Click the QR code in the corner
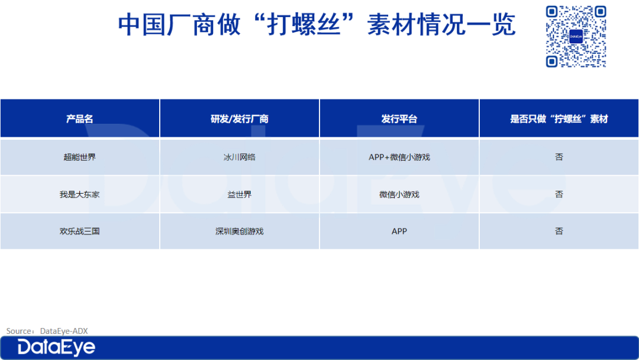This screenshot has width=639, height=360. tap(576, 36)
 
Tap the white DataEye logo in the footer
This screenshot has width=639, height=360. tap(56, 348)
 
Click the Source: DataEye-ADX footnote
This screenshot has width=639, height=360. tap(47, 331)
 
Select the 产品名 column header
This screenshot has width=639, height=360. tap(79, 118)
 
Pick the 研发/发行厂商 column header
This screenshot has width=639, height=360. tap(239, 118)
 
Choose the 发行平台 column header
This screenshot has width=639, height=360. tap(399, 118)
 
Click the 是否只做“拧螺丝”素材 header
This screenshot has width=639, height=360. tap(559, 118)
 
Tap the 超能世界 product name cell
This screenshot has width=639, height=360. tap(79, 157)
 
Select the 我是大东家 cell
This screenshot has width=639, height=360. tap(79, 194)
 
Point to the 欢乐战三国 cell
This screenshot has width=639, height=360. tap(79, 231)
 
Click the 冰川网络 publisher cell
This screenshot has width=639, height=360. tap(239, 157)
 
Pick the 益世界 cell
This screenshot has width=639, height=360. tap(239, 194)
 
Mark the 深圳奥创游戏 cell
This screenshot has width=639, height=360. tap(239, 231)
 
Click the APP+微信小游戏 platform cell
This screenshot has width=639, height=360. tap(399, 157)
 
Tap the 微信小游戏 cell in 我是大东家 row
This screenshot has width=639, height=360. tap(399, 194)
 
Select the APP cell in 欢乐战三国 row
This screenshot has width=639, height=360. tap(399, 231)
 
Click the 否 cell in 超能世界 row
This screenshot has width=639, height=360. tap(559, 157)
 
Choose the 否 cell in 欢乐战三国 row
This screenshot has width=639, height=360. tap(559, 231)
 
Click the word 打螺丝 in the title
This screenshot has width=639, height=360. tap(304, 24)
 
